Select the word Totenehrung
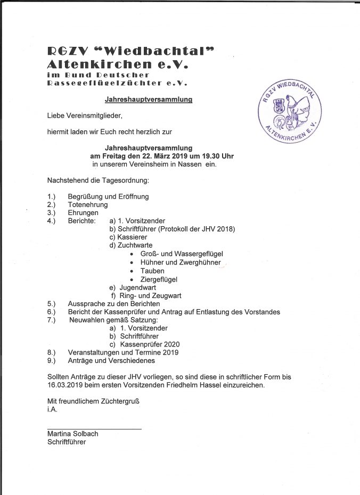(88, 204)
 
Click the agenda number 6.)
(52, 311)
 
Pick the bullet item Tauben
(152, 271)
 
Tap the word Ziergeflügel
(159, 279)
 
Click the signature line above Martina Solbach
(94, 428)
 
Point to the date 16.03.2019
(67, 385)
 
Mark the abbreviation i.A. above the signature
(52, 409)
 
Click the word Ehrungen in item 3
(83, 213)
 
